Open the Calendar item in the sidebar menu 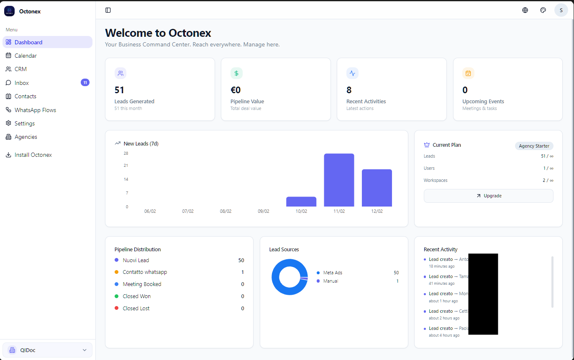coord(26,56)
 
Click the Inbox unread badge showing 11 coord(85,82)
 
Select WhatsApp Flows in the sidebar coord(35,110)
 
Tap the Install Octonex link coord(33,155)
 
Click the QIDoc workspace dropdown coord(47,350)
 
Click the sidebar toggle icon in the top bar coord(108,10)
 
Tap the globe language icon coord(525,10)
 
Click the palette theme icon coord(543,10)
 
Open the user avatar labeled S coord(561,10)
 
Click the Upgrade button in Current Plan coord(488,196)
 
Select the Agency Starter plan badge coord(534,146)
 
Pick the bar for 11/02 coord(339,180)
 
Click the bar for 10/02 coord(301,202)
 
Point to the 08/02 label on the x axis coord(225,211)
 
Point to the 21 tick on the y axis coord(126,166)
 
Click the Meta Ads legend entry coord(333,273)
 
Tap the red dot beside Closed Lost coord(117,308)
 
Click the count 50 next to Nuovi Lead coord(241,260)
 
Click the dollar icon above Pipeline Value coord(236,73)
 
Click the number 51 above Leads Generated coord(119,90)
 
